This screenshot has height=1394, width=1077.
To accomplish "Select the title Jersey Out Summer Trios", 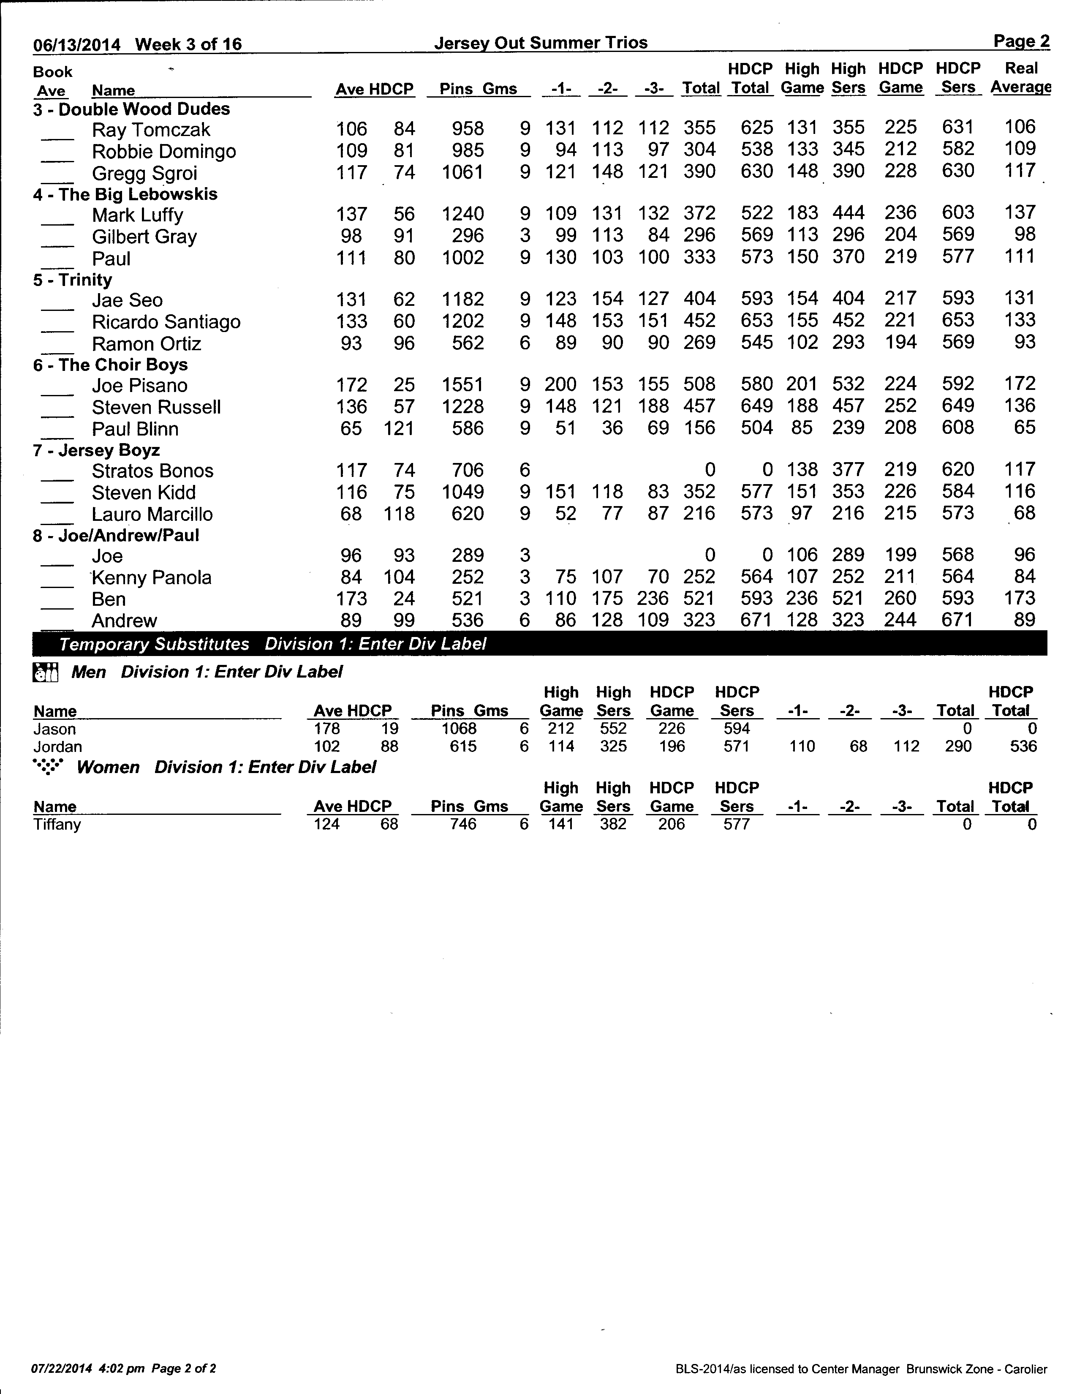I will coord(541,43).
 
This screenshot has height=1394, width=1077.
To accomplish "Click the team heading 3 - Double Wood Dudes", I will coord(131,109).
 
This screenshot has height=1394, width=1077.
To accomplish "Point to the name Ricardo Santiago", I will coord(166,322).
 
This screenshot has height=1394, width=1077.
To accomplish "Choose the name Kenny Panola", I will coord(151,577).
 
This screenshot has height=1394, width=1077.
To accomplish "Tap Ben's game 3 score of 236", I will coord(653,599).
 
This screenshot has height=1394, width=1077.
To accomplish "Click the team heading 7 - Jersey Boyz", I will coord(96,451).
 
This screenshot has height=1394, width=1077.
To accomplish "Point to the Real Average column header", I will coord(1020,78).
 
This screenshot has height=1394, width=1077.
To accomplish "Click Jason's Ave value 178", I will coord(326,729).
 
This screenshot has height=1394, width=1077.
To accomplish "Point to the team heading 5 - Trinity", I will coord(73,280).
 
